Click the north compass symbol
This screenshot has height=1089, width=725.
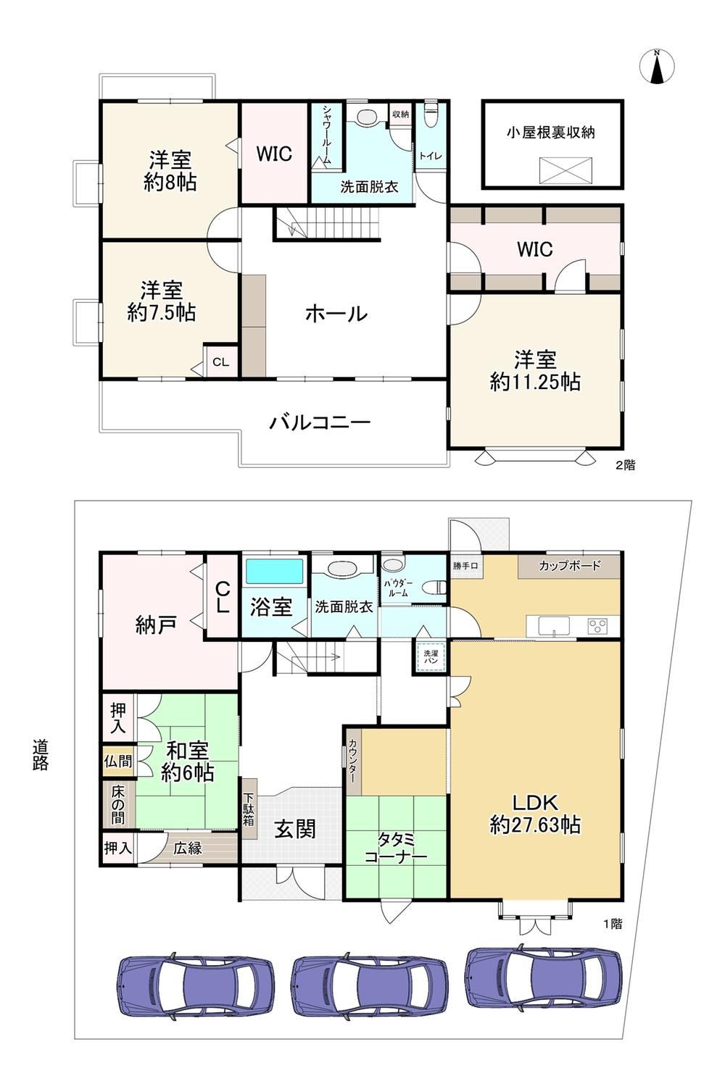coord(657,66)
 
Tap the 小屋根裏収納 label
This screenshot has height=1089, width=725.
coord(550,133)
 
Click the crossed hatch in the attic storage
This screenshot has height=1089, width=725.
coord(565,171)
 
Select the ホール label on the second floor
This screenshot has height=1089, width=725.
coord(336,314)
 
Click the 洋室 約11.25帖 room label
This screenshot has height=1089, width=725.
coord(535,370)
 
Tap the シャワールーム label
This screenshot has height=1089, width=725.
coord(326,135)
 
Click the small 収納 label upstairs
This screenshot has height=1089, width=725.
coord(401,114)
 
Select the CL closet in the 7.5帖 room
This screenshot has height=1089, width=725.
coord(221,362)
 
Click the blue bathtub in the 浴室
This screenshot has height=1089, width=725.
coord(275,571)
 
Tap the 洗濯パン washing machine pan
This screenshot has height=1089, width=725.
coord(431,657)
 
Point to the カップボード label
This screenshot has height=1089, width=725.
coord(570,565)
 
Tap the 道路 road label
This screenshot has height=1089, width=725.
coord(40,754)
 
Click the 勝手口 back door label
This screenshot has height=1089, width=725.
coord(465,566)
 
